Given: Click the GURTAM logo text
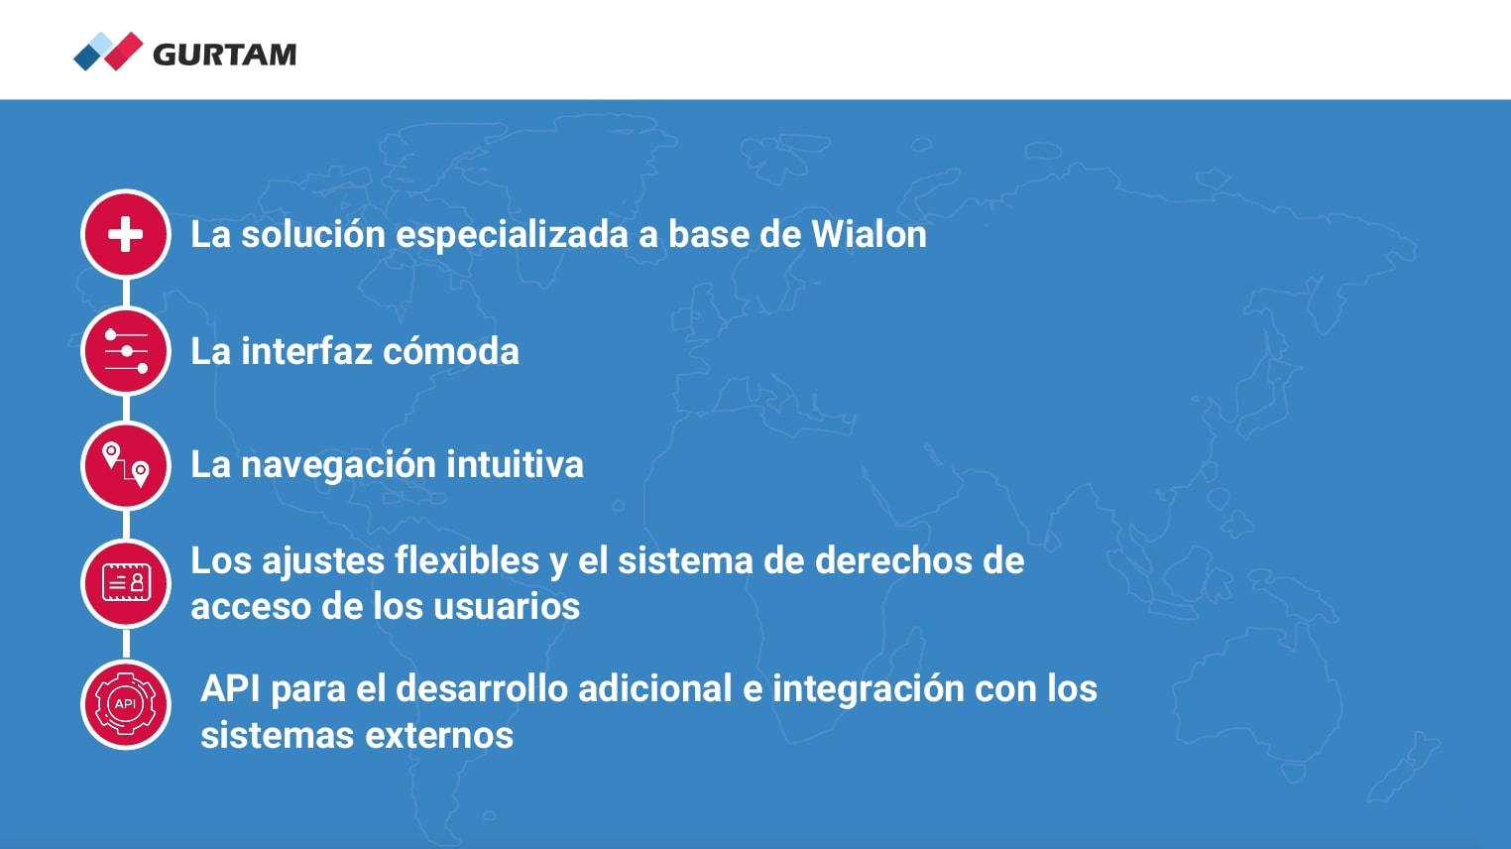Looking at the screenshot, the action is (x=225, y=55).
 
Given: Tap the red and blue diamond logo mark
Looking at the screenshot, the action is (x=108, y=52).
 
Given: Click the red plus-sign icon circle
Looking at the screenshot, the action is (x=126, y=234).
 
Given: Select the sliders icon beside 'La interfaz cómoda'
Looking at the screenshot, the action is (x=126, y=351).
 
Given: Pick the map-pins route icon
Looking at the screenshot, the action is (x=126, y=465).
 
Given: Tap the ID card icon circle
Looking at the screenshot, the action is (x=126, y=583).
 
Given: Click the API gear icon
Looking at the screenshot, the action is (x=126, y=704).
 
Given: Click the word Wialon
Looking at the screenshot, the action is (x=869, y=234).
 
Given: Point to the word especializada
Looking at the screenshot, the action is (x=512, y=235).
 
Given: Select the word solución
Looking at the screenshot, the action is (x=313, y=234).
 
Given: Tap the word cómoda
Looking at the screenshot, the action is (x=451, y=351).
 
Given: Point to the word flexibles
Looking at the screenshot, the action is (x=467, y=560).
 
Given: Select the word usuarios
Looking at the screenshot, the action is (x=507, y=606).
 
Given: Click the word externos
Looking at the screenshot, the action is (x=439, y=735).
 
